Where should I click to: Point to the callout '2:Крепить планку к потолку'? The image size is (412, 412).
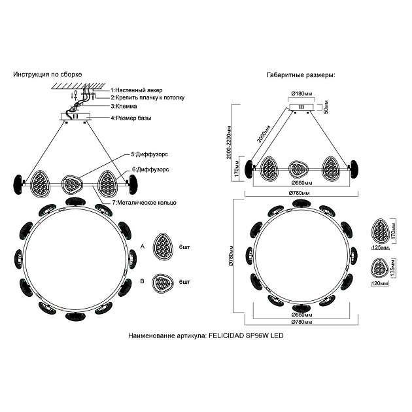click(x=148, y=97)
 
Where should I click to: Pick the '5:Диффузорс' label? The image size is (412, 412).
click(x=150, y=154)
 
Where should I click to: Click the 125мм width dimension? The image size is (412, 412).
click(x=379, y=249)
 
